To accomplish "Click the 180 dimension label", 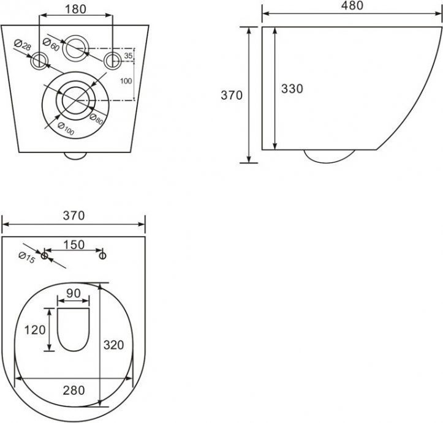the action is pos(75,9).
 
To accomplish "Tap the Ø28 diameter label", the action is pos(22,45).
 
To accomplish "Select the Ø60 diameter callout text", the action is pos(51,45).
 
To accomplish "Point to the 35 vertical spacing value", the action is pos(128,56).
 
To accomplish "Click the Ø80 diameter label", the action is pos(96,119).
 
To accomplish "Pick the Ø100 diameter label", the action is pos(66,129).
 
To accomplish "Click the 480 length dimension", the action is pos(352,6).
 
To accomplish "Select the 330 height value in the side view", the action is pos(292,89).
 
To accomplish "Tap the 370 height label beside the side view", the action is pos(232,95).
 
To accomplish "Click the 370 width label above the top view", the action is pos(74,215).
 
